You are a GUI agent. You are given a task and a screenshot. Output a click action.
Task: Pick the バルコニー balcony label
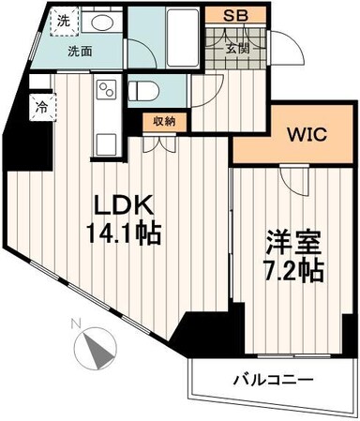pyautogui.click(x=272, y=380)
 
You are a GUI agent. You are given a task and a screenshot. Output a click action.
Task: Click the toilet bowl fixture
pyautogui.click(x=145, y=91)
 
